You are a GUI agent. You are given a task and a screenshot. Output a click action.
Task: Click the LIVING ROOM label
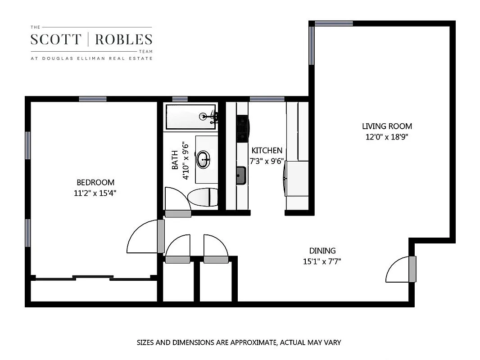tap(387, 126)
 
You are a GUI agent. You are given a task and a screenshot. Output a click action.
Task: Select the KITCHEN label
tap(267, 150)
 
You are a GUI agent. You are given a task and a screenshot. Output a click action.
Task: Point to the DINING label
tap(322, 251)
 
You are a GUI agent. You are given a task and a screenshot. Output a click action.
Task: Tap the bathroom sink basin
tap(204, 159)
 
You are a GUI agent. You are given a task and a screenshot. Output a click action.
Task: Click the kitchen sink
tap(242, 175)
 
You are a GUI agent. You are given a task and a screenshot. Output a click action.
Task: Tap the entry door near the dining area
tap(398, 270)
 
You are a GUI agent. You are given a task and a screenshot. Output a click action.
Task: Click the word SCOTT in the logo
tap(55, 40)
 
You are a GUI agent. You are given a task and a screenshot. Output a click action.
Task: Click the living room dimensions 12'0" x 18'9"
tap(387, 137)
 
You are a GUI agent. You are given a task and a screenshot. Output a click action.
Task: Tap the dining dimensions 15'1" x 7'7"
tap(322, 261)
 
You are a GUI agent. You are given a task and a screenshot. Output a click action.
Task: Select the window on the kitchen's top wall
tap(267, 99)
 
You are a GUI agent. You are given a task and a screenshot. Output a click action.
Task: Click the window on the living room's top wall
tap(334, 23)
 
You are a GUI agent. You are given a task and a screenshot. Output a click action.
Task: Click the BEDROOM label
tap(95, 182)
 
